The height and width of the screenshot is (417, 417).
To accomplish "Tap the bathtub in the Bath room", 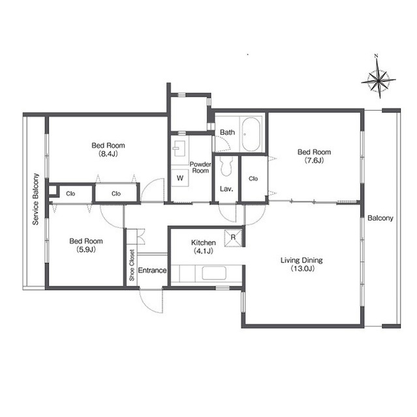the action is click(251, 134).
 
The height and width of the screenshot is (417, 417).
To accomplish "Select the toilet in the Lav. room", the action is click(226, 166).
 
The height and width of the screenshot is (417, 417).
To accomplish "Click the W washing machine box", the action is click(180, 178).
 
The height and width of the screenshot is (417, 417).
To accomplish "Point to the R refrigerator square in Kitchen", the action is click(233, 237).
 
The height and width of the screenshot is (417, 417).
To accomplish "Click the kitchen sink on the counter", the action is click(214, 273).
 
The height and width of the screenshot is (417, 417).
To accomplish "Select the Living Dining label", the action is click(301, 264).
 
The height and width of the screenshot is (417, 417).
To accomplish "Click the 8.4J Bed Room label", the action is click(108, 149).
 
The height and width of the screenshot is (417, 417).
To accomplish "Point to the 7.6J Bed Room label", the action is click(314, 156).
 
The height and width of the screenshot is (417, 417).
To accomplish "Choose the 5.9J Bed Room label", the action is click(86, 245).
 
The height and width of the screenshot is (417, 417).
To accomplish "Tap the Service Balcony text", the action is click(35, 199).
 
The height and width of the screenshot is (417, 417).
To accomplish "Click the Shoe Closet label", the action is click(132, 265).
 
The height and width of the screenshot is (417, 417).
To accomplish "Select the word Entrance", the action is click(152, 270).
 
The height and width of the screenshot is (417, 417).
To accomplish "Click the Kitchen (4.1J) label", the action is click(204, 246).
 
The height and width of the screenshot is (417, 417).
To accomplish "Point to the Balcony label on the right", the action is click(380, 218).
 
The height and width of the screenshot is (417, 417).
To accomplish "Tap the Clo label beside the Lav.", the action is click(253, 179).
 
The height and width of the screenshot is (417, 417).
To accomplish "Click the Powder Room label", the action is click(200, 167).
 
